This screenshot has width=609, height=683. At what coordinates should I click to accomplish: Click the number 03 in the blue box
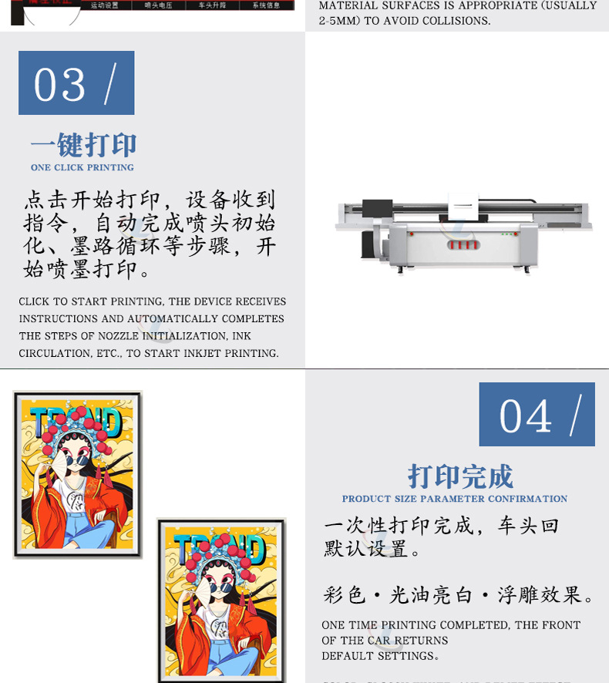tap(59, 84)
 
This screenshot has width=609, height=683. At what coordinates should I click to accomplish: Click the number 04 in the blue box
tap(526, 416)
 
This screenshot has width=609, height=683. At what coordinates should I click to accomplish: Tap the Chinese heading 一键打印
tap(83, 145)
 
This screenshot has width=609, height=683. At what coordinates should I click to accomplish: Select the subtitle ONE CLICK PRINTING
tap(82, 167)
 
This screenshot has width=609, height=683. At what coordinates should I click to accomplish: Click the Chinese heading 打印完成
tap(460, 476)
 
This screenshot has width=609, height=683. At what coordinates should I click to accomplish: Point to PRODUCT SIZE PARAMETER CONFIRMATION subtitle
tap(455, 499)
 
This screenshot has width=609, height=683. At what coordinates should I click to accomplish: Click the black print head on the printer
tap(377, 207)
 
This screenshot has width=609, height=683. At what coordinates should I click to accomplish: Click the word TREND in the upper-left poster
tap(76, 422)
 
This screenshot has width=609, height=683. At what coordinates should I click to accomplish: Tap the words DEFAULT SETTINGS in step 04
tap(379, 656)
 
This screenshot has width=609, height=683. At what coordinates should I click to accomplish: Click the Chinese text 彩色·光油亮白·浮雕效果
tap(459, 596)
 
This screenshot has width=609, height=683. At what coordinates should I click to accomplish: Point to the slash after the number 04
tap(575, 417)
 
